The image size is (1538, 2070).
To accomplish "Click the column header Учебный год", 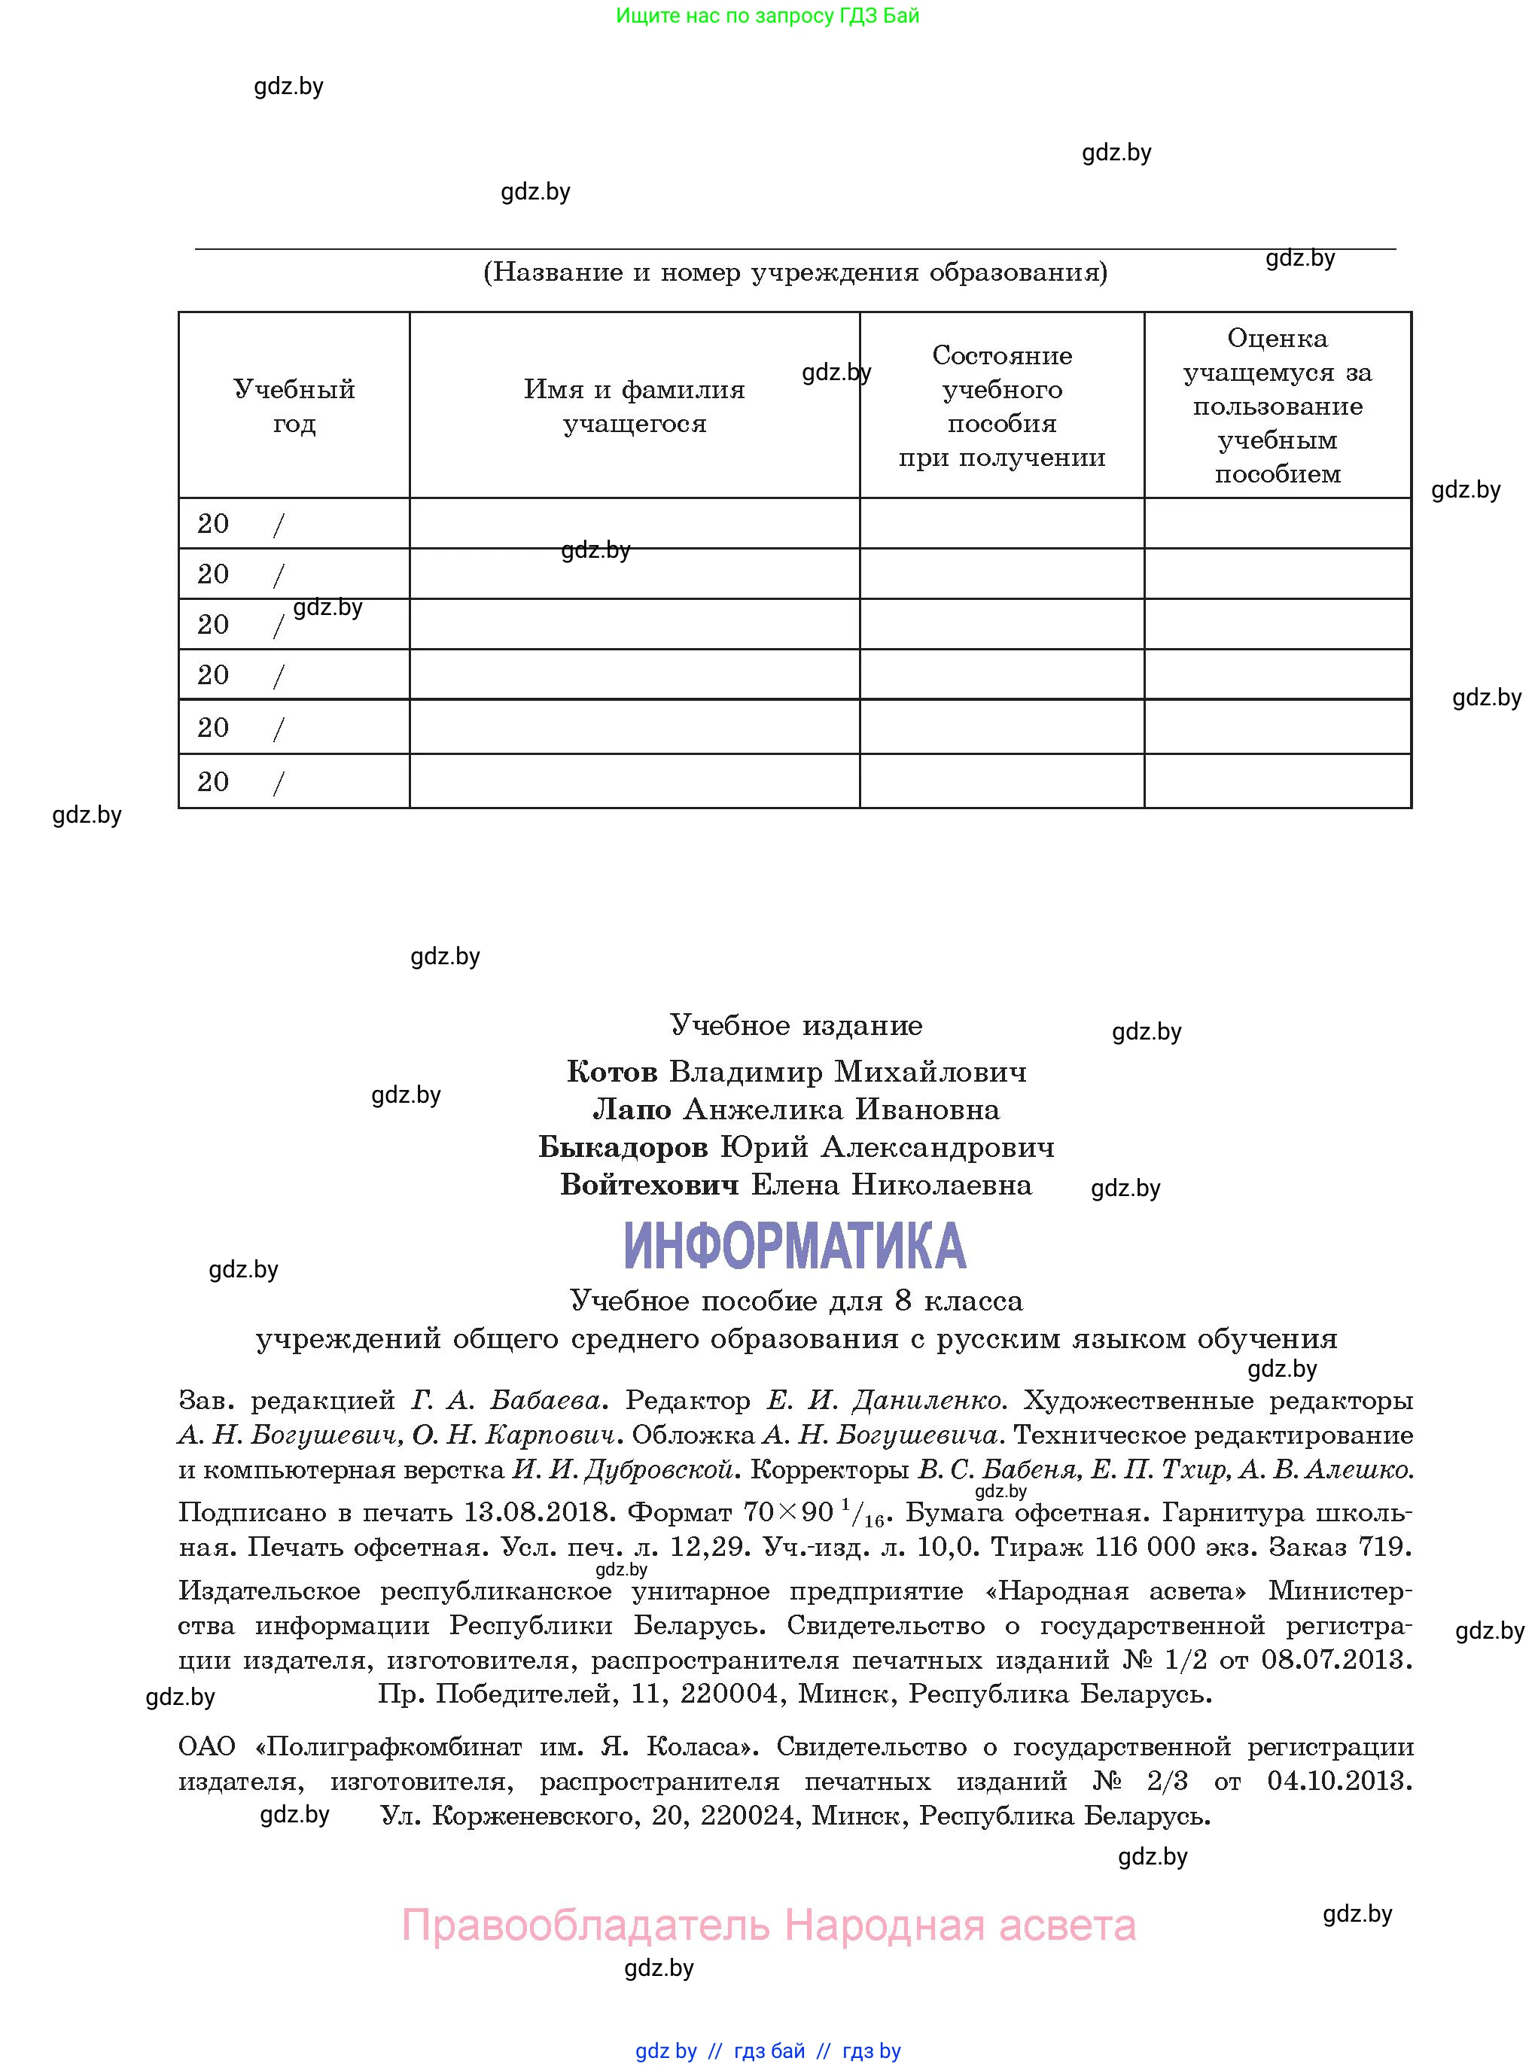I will coord(294,406).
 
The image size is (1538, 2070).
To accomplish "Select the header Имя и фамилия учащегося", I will coord(634,406).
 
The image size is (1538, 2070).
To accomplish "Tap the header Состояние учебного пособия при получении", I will coord(1002,406).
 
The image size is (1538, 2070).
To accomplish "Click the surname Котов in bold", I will coord(612,1072).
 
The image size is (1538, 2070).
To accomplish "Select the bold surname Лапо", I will coord(632,1110).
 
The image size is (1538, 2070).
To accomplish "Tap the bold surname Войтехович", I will coord(649,1185).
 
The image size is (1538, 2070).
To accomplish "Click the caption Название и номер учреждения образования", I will coord(795,272).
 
